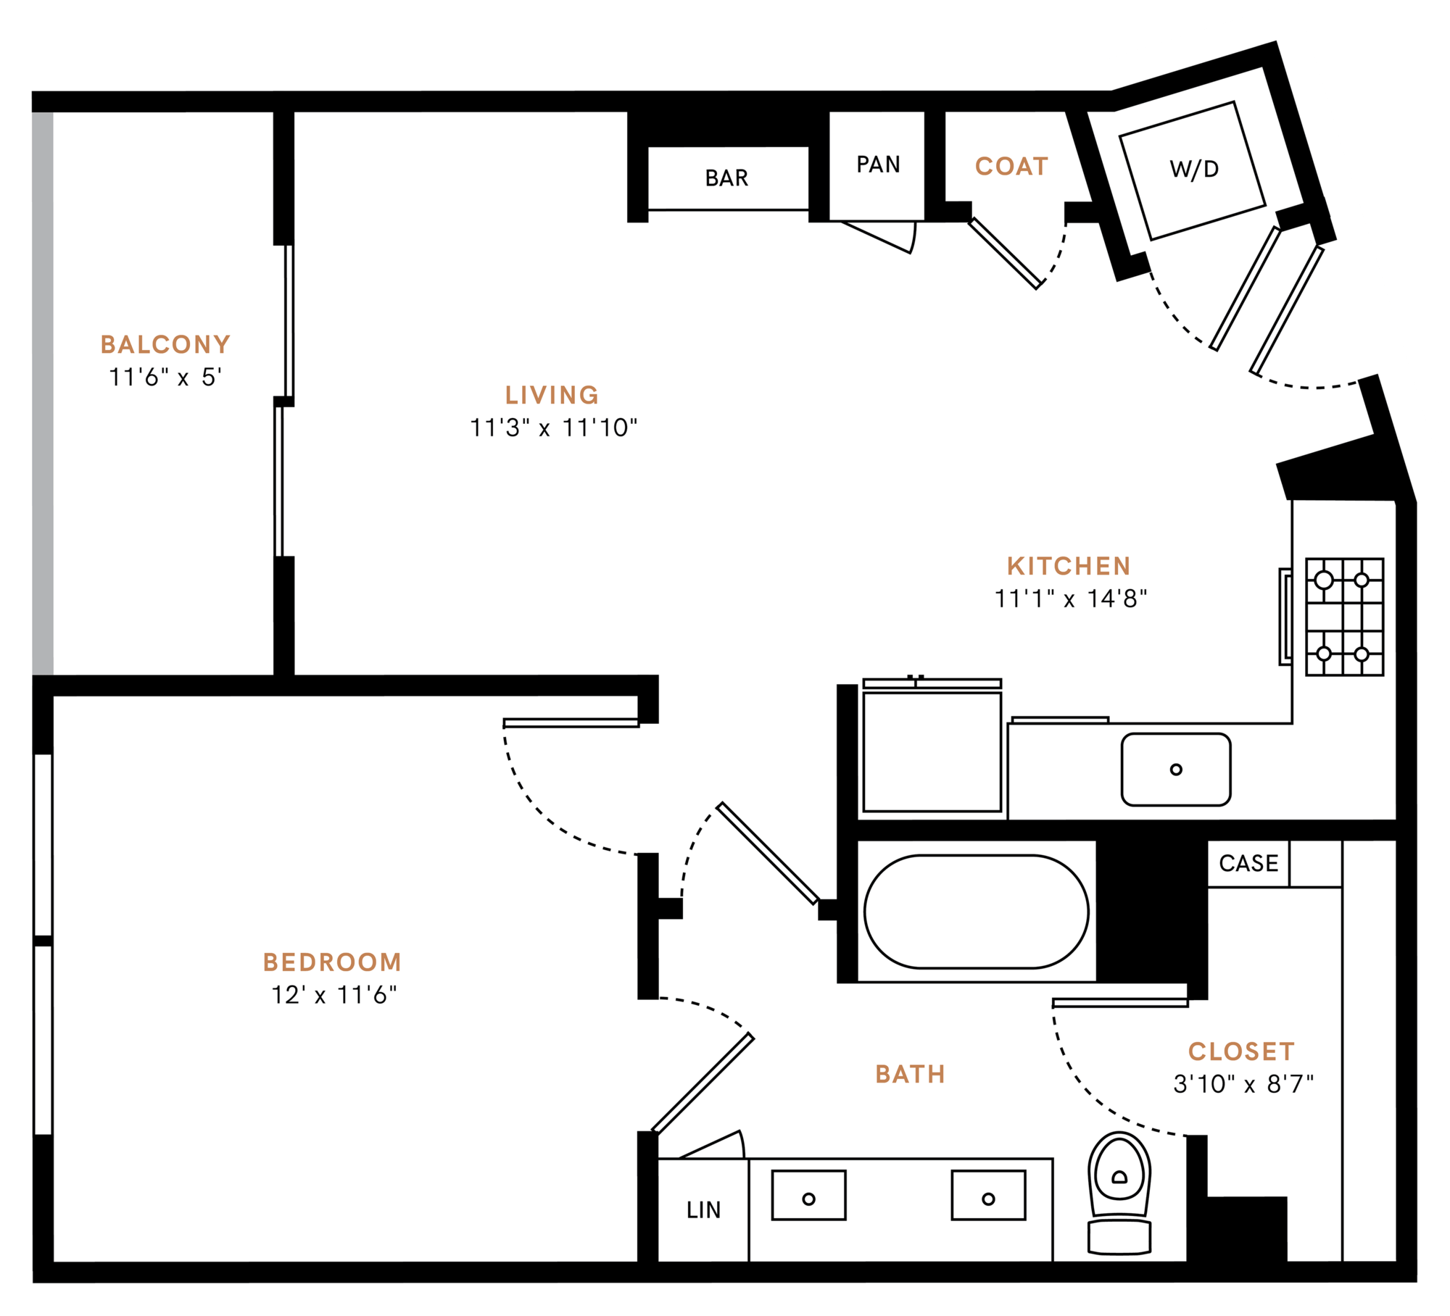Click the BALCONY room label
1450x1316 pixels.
tap(165, 344)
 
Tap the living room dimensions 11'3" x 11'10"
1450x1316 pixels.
tap(553, 428)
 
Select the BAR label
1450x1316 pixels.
tap(726, 178)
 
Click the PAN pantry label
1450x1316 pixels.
tap(878, 165)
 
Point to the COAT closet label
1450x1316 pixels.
tap(1011, 167)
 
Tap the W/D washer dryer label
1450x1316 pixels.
tap(1194, 170)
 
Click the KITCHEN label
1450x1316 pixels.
tap(1069, 566)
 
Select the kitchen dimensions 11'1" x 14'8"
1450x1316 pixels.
tap(1070, 599)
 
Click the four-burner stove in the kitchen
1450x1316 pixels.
tap(1344, 617)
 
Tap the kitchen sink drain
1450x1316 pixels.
tap(1176, 770)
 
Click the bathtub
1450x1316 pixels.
tap(976, 912)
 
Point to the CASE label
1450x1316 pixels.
tap(1248, 864)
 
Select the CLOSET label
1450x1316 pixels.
tap(1241, 1051)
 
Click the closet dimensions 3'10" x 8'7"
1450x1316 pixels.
tap(1243, 1085)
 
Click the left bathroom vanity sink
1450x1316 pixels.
tap(808, 1199)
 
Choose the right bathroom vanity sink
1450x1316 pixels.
tap(988, 1199)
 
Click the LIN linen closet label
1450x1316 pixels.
tap(703, 1210)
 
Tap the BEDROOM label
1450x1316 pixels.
tap(332, 962)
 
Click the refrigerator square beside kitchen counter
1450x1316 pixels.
tap(932, 751)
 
